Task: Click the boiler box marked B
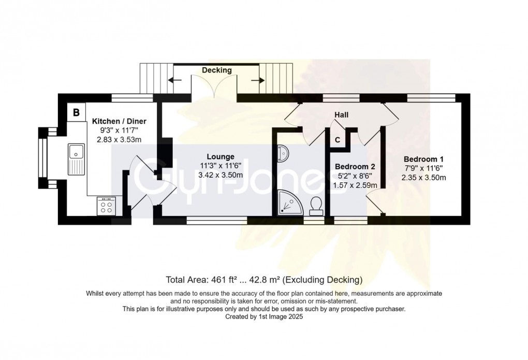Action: point(76,112)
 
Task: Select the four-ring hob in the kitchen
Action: point(107,207)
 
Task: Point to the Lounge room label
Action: point(221,156)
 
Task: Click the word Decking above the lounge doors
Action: point(217,70)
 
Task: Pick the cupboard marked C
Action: point(338,139)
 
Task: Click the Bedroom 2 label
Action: point(355,167)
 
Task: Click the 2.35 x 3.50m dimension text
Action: point(424,178)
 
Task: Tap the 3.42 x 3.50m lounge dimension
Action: point(221,175)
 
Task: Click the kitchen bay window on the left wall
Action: point(42,158)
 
